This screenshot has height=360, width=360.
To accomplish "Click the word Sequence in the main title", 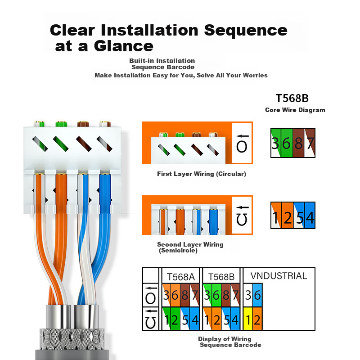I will coord(246,30).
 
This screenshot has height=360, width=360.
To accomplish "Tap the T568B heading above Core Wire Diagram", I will coord(292,98).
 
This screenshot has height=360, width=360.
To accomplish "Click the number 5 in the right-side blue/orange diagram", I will coord(298,218).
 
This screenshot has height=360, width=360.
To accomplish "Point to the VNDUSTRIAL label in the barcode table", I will coord(279,276).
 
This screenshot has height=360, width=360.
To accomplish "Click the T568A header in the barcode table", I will coord(180,277).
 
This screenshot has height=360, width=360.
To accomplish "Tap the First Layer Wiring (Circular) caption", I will coord(202,174).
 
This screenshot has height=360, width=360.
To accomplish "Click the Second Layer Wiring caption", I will coord(190,245).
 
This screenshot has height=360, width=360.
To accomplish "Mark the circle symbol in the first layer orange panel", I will coord(242,147).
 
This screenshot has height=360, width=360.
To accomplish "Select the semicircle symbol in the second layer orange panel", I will coord(242,220).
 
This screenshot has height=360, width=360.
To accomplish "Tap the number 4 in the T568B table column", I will coord(235,320).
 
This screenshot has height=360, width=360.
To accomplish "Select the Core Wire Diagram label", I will coord(295,110).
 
